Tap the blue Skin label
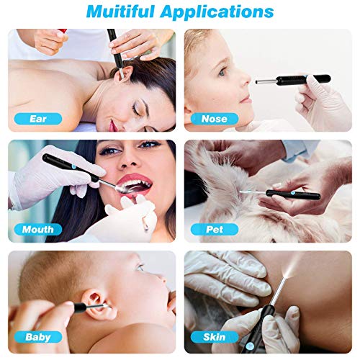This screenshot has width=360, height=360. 213,337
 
